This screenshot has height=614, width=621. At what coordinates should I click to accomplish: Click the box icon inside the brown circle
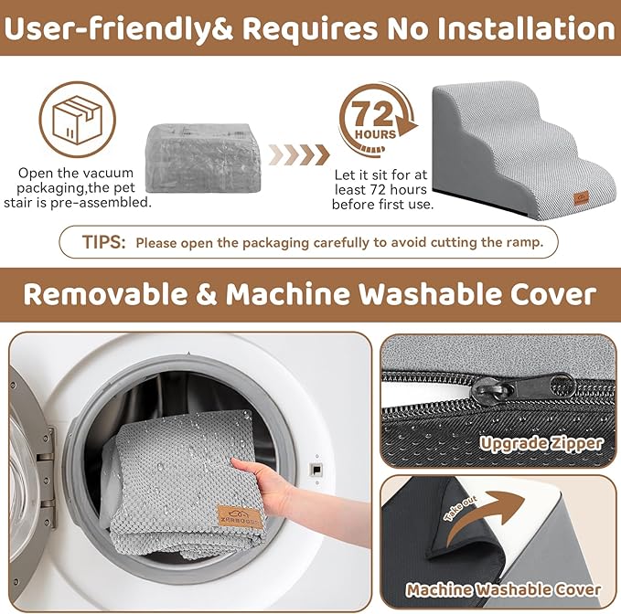[77, 119]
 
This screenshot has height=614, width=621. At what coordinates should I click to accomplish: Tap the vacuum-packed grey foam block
[203, 157]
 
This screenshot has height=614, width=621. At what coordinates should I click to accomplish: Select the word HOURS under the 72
[376, 134]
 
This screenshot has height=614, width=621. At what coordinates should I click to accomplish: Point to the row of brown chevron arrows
[299, 154]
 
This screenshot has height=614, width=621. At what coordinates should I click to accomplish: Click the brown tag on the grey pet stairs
[582, 197]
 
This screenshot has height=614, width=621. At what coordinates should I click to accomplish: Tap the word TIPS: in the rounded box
[103, 242]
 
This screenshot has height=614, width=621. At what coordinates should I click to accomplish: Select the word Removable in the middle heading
[104, 294]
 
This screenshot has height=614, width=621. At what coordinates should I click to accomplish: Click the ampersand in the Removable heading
[206, 294]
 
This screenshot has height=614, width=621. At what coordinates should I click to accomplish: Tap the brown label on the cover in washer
[241, 516]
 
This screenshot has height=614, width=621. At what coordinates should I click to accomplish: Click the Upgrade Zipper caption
[541, 443]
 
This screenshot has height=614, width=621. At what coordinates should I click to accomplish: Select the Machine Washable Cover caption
[503, 590]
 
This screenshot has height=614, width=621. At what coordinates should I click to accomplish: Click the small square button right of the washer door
[316, 470]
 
